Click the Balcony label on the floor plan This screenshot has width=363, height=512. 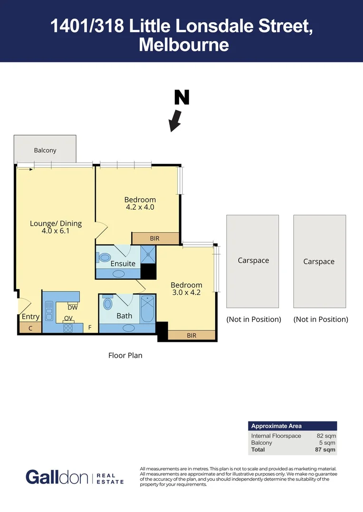(x=45, y=150)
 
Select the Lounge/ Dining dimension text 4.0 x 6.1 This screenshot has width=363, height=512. (x=56, y=231)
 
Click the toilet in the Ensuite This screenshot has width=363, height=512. (x=104, y=257)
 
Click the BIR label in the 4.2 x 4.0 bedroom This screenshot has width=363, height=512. (x=154, y=238)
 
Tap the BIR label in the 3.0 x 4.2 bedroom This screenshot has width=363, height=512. (x=191, y=335)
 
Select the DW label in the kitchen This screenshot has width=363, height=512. (x=72, y=307)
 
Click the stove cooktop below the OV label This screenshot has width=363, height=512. (x=68, y=327)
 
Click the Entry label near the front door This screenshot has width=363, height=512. (x=31, y=317)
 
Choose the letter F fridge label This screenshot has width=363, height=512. (x=89, y=327)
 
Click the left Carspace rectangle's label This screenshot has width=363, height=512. (x=253, y=260)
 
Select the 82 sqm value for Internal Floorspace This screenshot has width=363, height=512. (x=326, y=436)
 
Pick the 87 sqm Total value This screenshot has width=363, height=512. (x=326, y=449)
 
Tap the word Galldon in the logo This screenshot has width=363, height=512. (x=57, y=477)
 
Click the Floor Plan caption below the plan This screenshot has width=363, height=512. (x=125, y=355)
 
